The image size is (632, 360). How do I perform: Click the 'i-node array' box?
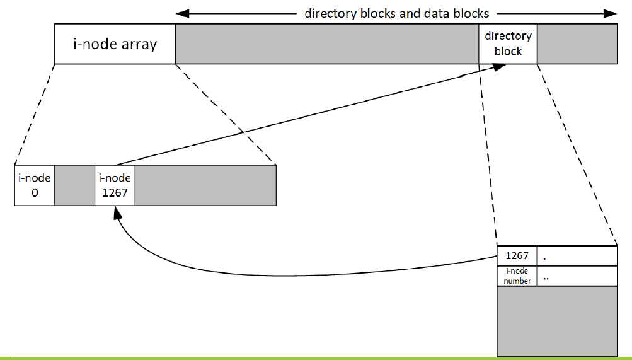click(x=115, y=44)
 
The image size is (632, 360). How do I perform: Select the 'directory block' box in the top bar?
click(x=508, y=44)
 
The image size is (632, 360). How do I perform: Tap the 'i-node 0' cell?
click(x=35, y=185)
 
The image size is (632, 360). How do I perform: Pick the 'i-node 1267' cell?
click(x=115, y=185)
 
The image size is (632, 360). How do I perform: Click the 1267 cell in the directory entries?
click(x=517, y=256)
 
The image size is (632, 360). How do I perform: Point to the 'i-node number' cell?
click(x=517, y=276)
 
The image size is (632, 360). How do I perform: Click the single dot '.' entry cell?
click(x=577, y=256)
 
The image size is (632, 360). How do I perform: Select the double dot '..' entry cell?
click(x=577, y=276)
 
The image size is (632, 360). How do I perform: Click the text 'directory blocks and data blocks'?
click(x=397, y=13)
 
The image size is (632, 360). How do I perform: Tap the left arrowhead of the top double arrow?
click(x=181, y=13)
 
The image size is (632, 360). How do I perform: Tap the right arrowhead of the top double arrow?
click(x=611, y=13)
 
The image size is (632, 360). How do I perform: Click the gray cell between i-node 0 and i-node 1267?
click(x=74, y=185)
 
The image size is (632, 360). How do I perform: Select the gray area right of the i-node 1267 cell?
click(x=205, y=185)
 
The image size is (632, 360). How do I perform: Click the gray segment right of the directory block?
click(x=577, y=44)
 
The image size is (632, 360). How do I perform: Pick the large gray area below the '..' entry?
click(x=557, y=320)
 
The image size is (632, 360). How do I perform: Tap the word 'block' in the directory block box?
click(x=508, y=51)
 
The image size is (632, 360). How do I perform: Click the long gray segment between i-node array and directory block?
click(x=326, y=44)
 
